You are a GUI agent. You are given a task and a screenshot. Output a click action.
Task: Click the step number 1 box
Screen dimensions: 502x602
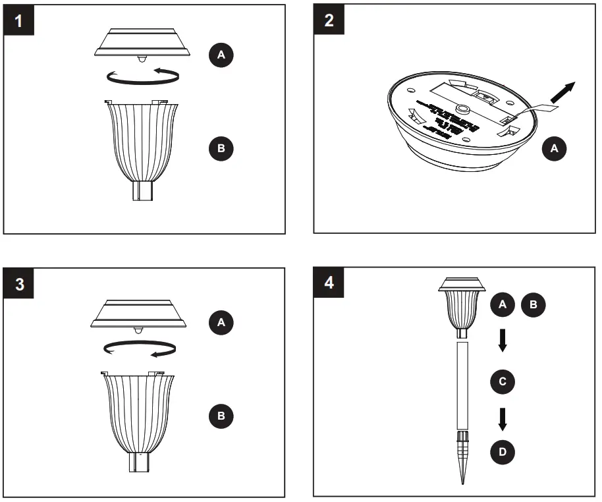point(18,20)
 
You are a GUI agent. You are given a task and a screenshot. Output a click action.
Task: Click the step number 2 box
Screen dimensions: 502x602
point(329,19)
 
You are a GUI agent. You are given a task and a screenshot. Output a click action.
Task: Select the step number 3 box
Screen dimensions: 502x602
point(20,284)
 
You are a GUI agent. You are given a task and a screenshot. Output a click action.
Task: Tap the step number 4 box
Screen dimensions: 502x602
point(329,283)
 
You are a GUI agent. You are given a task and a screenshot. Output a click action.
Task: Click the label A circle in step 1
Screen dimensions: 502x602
point(221,56)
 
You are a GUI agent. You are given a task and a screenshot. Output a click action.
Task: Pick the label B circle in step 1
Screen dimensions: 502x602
point(221,148)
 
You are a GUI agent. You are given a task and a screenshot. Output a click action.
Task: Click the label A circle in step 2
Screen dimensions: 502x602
point(554,150)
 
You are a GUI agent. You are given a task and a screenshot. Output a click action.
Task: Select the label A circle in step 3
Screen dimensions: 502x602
point(221,322)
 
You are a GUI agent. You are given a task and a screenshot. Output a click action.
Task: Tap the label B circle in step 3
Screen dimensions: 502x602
point(221,416)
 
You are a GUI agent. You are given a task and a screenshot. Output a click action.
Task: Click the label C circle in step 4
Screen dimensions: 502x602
point(503,381)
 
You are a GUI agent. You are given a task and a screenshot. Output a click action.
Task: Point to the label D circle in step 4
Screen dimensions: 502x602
point(503,452)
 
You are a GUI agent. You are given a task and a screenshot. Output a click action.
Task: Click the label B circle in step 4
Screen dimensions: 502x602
point(534,304)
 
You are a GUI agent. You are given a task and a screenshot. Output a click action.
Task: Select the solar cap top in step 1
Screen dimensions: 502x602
point(142,43)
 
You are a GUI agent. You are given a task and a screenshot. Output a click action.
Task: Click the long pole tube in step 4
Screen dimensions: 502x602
point(462,385)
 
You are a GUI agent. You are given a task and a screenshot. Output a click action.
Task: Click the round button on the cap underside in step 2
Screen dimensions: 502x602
point(464,111)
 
